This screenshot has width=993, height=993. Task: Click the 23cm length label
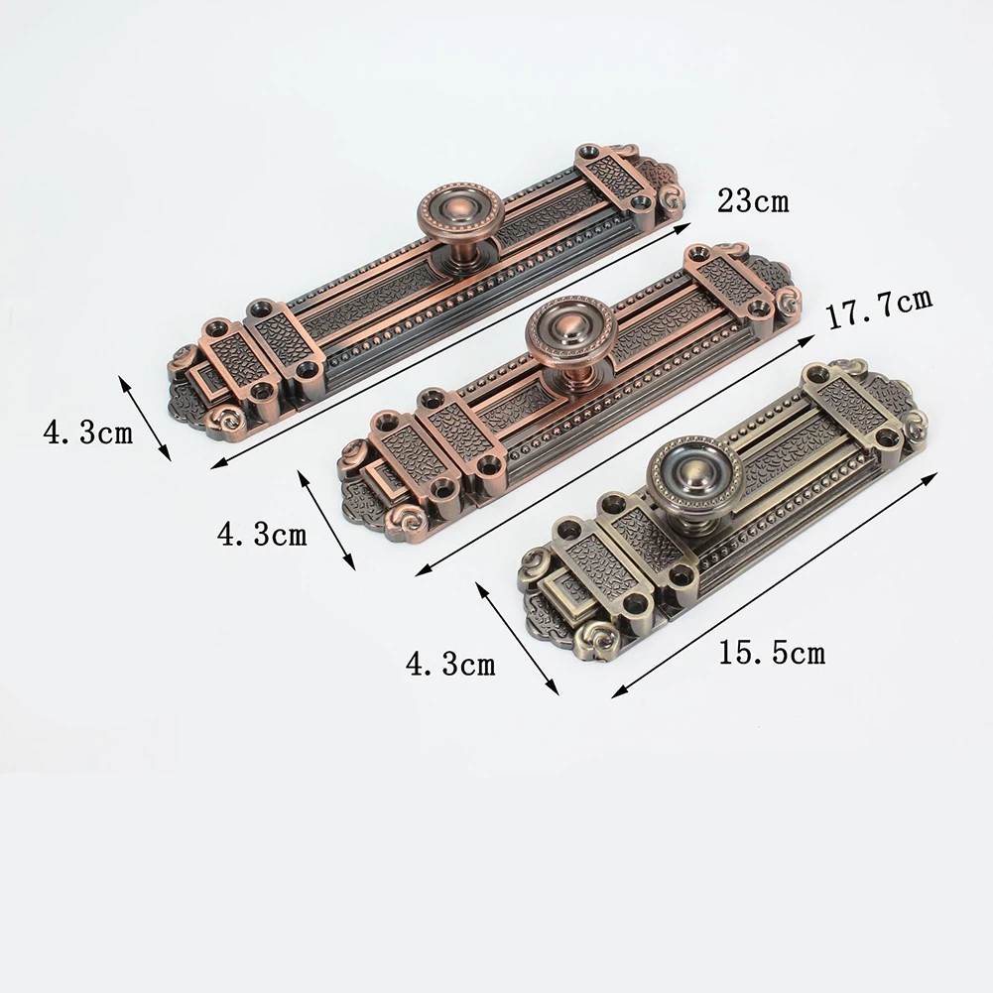[x=753, y=200]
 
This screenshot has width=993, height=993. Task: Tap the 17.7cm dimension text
[x=880, y=308]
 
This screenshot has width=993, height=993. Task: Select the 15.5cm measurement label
[x=772, y=653]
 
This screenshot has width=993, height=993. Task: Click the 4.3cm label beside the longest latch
[x=88, y=434]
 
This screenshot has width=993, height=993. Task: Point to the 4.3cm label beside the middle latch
[x=262, y=534]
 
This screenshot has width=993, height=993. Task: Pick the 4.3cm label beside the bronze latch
[x=450, y=665]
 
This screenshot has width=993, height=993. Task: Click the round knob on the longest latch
[x=460, y=214]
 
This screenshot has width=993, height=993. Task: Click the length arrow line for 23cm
[x=450, y=346]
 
